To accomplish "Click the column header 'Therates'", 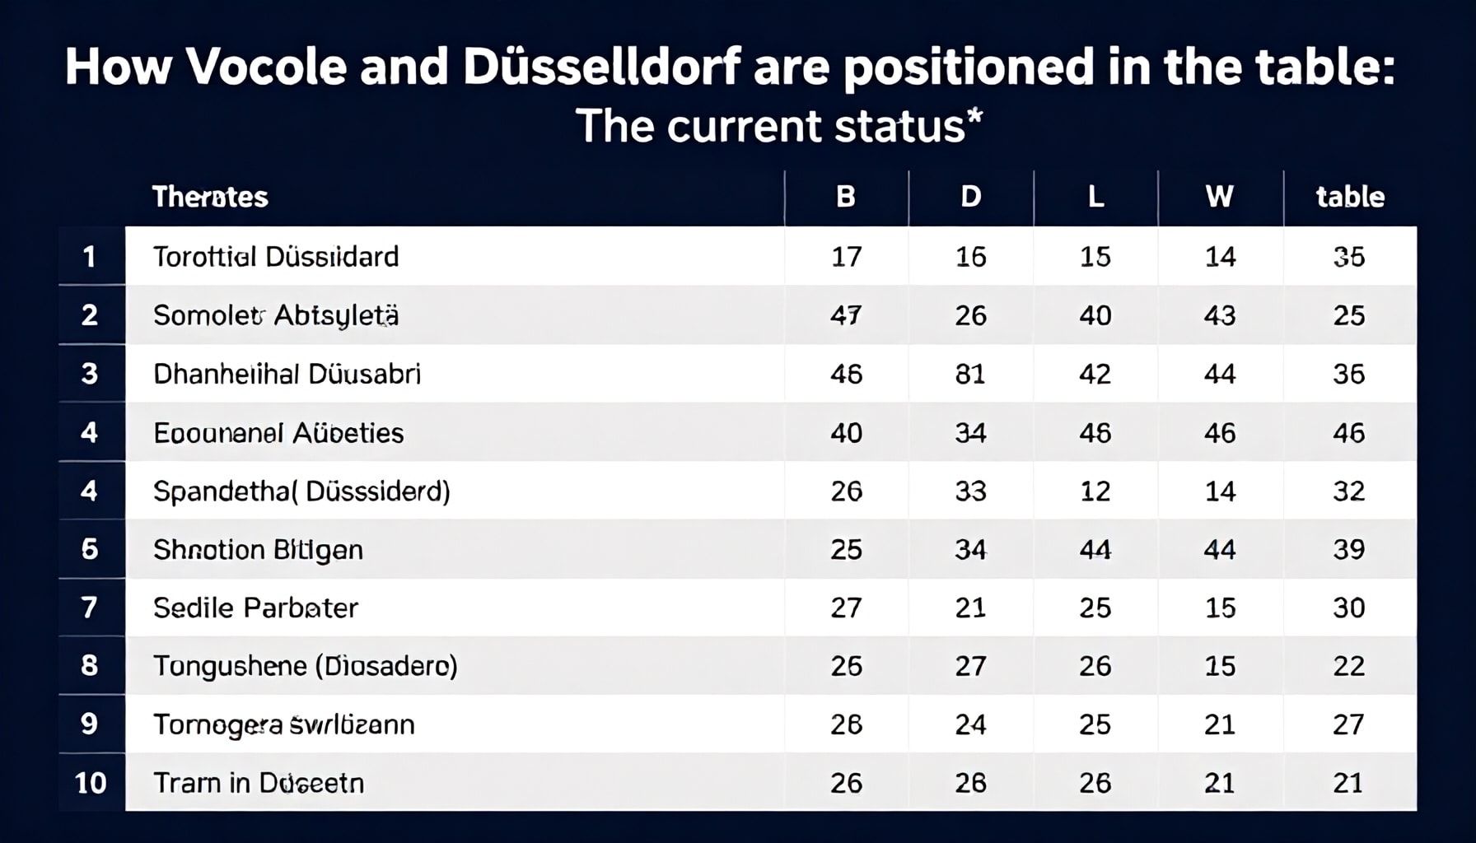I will pyautogui.click(x=210, y=197).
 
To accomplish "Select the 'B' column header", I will pyautogui.click(x=846, y=197).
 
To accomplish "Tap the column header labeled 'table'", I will pyautogui.click(x=1350, y=197).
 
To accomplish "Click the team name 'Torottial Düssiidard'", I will pyautogui.click(x=276, y=257).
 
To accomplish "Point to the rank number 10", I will pyautogui.click(x=91, y=782).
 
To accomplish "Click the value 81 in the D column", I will pyautogui.click(x=970, y=374).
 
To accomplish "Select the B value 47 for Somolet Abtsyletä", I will pyautogui.click(x=846, y=315).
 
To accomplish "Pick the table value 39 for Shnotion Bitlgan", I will pyautogui.click(x=1349, y=549).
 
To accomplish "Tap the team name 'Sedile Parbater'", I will pyautogui.click(x=255, y=608).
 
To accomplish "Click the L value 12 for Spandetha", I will pyautogui.click(x=1095, y=491).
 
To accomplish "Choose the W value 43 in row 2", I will pyautogui.click(x=1220, y=315).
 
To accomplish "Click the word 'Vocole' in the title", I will pyautogui.click(x=267, y=67).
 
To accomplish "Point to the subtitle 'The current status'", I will pyautogui.click(x=778, y=126).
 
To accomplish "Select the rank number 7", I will pyautogui.click(x=90, y=608).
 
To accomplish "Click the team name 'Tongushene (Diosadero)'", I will pyautogui.click(x=305, y=665).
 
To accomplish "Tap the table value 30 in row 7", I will pyautogui.click(x=1349, y=608).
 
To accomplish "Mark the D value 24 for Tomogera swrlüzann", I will pyautogui.click(x=970, y=724).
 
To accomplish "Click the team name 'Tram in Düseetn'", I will pyautogui.click(x=259, y=782).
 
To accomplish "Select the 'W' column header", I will pyautogui.click(x=1220, y=197).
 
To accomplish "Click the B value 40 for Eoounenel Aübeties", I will pyautogui.click(x=846, y=433).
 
